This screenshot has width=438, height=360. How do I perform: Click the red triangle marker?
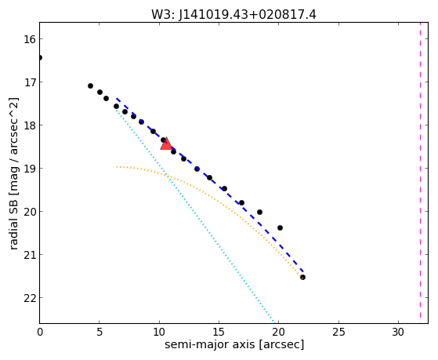166,144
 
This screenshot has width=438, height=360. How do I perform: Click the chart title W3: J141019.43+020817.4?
233,15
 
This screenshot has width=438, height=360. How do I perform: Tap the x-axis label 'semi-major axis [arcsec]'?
234,344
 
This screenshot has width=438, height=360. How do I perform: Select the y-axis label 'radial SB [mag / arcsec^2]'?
13,173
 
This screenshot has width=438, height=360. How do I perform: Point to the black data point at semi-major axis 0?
40,57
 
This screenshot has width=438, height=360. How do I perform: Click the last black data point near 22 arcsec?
302,277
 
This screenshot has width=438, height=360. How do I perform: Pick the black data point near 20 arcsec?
280,227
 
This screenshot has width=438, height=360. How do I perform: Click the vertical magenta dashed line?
420,173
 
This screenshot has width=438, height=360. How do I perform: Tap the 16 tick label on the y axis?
30,39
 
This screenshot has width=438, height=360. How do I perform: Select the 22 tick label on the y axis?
30,298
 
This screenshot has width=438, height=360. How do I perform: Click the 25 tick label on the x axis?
338,332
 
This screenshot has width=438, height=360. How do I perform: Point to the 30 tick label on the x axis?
398,332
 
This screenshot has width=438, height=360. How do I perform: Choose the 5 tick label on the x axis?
100,332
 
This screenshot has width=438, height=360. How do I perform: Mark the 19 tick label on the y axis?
30,169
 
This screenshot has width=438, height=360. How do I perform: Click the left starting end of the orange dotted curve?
117,167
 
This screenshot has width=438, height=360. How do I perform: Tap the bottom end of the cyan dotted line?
274,322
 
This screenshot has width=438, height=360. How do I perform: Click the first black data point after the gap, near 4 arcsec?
90,85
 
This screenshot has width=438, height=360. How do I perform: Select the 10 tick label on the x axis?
159,332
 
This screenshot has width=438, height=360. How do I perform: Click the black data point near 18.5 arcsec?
259,212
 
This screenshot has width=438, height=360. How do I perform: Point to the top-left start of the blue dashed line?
117,99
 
